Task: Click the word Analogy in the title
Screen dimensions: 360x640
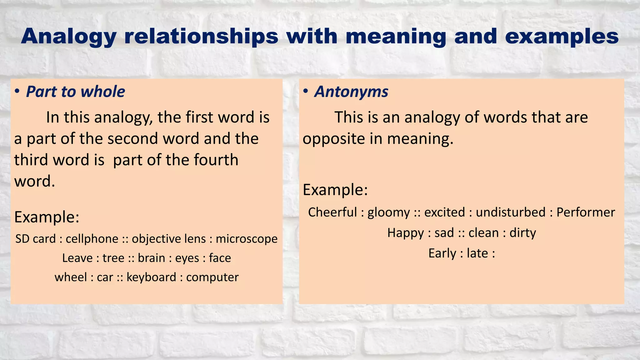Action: pos(69,37)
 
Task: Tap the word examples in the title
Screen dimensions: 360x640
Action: pos(562,37)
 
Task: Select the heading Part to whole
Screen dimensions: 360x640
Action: pos(75,92)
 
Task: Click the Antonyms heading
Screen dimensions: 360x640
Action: pos(351,92)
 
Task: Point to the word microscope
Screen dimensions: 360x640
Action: pos(247,239)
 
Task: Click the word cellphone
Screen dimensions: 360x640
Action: pos(92,239)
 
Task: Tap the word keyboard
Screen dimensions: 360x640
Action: pos(151,277)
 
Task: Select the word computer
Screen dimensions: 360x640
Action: pos(212,277)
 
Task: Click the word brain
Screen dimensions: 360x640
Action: pos(151,258)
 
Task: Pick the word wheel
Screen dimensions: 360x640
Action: pos(71,277)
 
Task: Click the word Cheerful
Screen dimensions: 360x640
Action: pos(332,212)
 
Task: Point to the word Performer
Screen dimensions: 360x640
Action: pos(586,212)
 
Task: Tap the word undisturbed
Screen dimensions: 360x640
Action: pos(511,212)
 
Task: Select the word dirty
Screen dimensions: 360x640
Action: pos(522,233)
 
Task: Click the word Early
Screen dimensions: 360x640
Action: pos(442,253)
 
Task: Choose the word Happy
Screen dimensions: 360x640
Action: pos(405,233)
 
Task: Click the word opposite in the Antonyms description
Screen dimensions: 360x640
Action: pos(333,139)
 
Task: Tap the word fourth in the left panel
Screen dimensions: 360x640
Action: pos(216,160)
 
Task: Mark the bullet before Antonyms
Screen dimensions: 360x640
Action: pos(306,91)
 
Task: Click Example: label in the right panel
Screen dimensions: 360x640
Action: pos(335,190)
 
